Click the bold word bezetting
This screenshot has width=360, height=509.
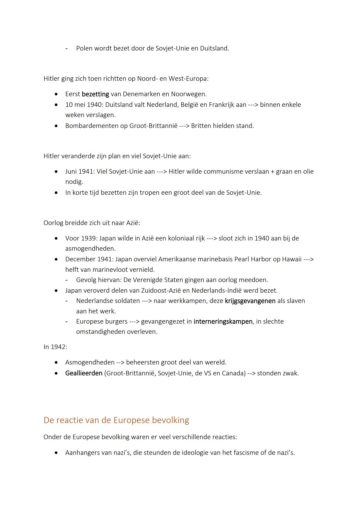(95, 94)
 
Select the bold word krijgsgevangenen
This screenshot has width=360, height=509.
(250, 301)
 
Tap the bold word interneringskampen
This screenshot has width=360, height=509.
(223, 322)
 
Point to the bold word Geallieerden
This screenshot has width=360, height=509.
(84, 373)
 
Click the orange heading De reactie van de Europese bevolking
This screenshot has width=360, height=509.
(116, 420)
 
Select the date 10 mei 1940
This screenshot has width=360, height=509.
(83, 105)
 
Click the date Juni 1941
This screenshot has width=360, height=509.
(79, 172)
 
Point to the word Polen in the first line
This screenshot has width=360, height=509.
(84, 48)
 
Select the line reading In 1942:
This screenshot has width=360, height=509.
(55, 347)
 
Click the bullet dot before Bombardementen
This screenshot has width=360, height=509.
(57, 126)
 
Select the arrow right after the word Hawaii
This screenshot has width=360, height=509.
(308, 259)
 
